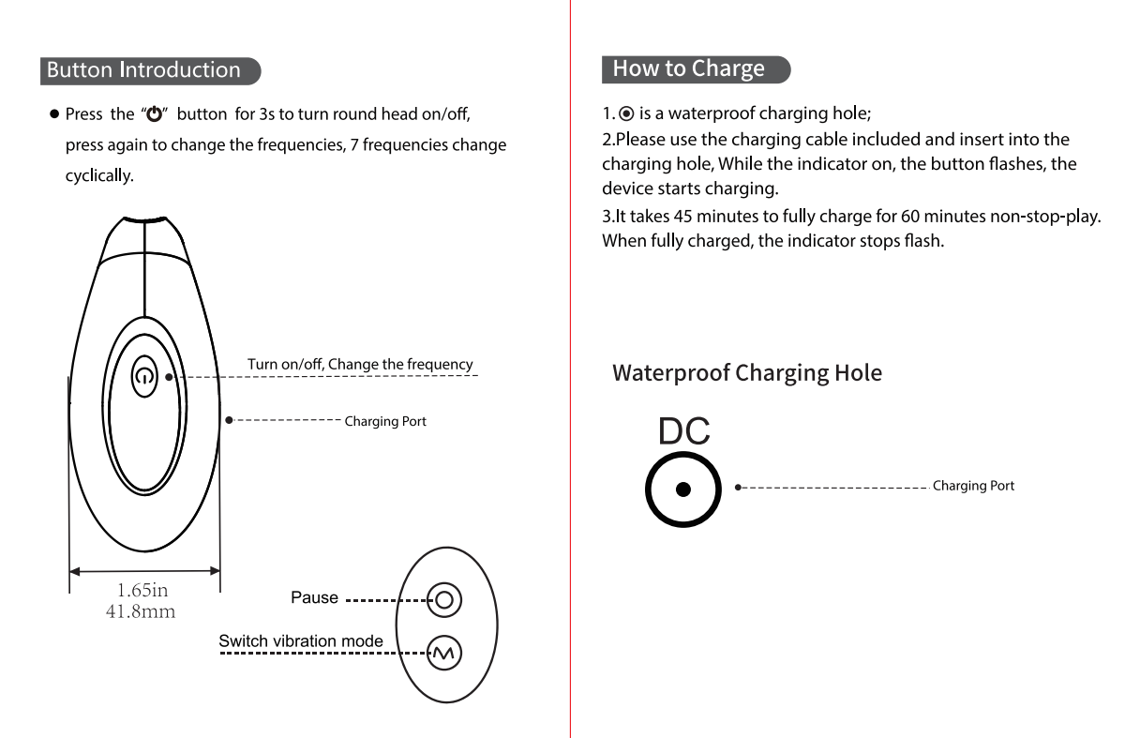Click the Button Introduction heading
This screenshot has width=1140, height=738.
[x=143, y=70]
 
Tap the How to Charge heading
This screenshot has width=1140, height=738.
[x=689, y=68]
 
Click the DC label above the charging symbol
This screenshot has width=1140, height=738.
[x=683, y=431]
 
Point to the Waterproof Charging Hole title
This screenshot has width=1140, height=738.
[x=747, y=373]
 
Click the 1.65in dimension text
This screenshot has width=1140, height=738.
[x=142, y=592]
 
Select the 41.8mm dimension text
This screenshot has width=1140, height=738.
[x=142, y=612]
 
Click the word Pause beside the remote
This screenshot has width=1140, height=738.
[x=314, y=597]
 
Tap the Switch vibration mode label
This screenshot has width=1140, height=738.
[x=301, y=641]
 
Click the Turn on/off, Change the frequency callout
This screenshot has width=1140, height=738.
[x=360, y=365]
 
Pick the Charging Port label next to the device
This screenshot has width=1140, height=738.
[x=385, y=422]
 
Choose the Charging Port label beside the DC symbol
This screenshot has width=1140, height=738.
[x=973, y=486]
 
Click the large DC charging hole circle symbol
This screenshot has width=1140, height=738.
[x=683, y=489]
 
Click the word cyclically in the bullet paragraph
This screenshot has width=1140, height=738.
[x=98, y=175]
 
